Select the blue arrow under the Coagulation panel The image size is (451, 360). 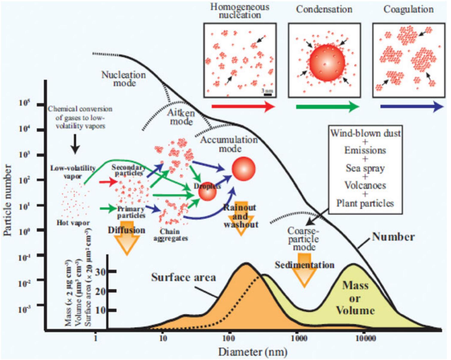click(412, 107)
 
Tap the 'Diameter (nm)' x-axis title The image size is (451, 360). click(253, 352)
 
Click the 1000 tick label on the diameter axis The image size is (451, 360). click(299, 338)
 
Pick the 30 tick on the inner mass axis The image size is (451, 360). click(102, 272)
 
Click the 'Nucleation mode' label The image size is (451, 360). click(124, 79)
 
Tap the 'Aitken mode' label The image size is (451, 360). click(181, 117)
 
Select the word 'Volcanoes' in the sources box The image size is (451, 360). click(365, 185)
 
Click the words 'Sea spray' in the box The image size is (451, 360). click(365, 168)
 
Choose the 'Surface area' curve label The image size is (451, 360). click(183, 277)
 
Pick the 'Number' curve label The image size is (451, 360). click(393, 237)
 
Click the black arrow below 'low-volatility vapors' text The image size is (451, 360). click(75, 144)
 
